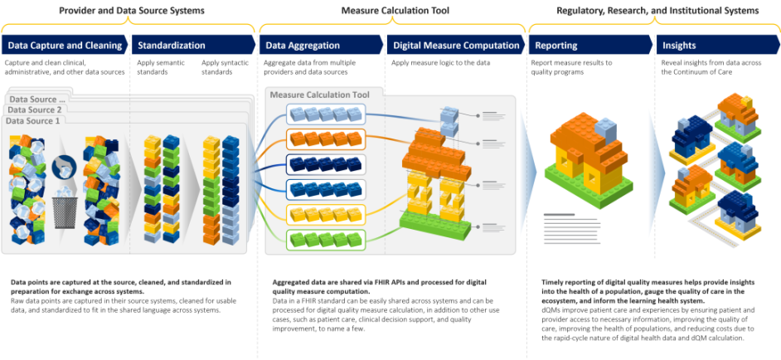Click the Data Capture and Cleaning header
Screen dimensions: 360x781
pos(65,46)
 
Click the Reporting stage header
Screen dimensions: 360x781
pos(556,46)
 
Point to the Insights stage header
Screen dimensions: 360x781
pos(680,46)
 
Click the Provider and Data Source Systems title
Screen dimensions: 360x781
pos(133,11)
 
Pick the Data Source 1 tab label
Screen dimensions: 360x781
pos(34,121)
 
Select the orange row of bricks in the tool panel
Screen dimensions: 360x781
pos(323,137)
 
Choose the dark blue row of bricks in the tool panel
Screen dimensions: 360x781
pos(323,163)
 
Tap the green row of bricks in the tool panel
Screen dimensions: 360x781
pos(323,240)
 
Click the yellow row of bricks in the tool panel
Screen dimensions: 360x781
pos(323,214)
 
